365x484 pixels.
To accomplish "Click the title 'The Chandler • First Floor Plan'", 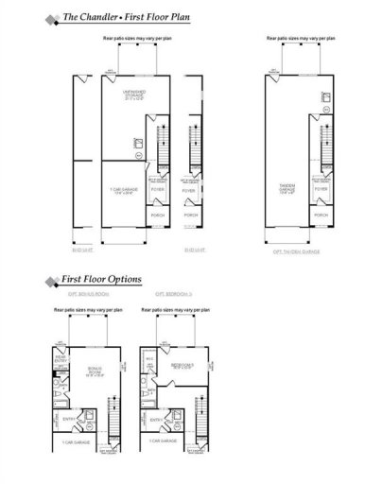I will (122, 17).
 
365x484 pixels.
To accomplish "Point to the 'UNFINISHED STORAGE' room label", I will (130, 95).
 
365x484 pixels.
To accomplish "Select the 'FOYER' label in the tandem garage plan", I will (322, 188).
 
